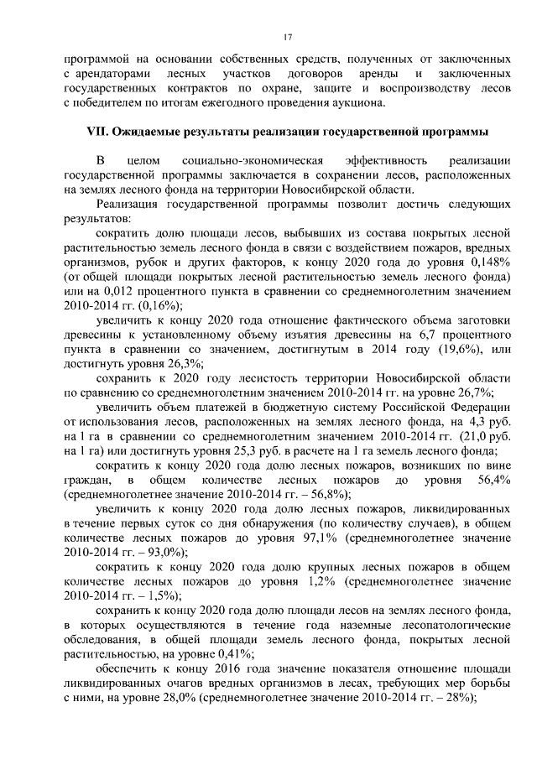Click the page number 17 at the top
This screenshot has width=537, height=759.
(x=287, y=38)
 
